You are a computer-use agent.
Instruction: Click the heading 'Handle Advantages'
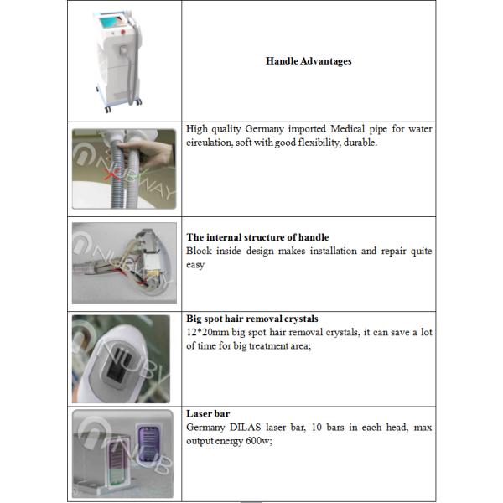pyautogui.click(x=309, y=60)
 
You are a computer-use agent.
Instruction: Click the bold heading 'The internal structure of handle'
pyautogui.click(x=257, y=237)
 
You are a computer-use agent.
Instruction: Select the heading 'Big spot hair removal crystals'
pyautogui.click(x=251, y=319)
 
